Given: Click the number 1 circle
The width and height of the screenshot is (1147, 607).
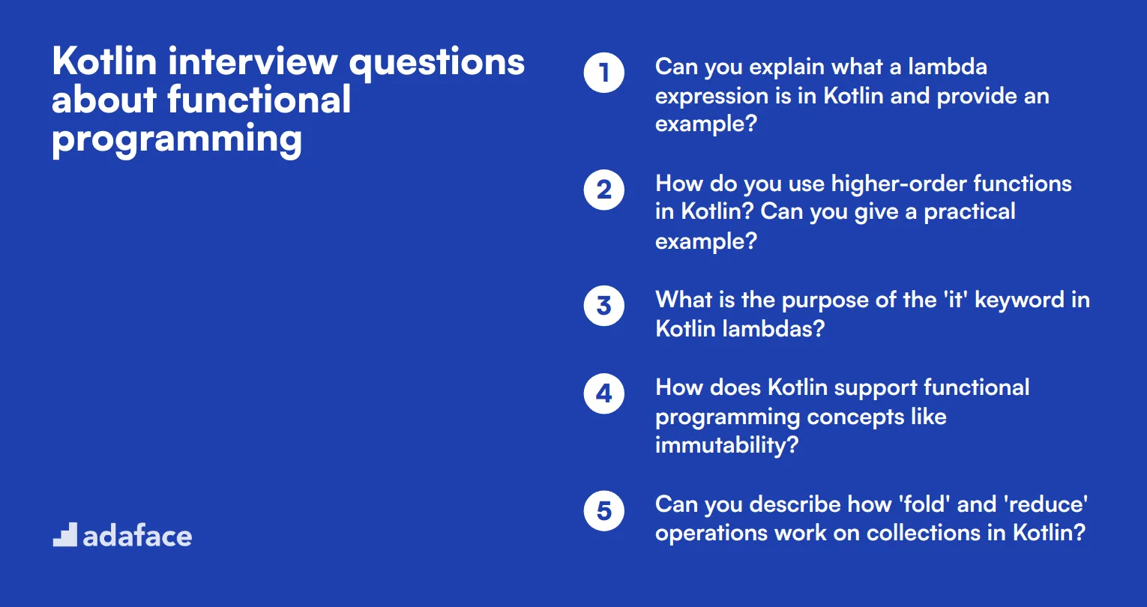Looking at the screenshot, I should [604, 73].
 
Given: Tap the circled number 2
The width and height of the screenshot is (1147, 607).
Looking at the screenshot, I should [604, 190].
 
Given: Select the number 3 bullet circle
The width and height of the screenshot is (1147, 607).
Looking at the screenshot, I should [604, 306].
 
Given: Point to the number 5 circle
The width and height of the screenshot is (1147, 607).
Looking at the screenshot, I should [604, 511].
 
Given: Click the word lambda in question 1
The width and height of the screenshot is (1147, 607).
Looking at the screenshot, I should [948, 67].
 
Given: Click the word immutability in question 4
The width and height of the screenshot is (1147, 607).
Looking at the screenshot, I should [726, 446].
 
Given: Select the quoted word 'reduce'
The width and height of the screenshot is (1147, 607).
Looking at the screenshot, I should [1045, 504].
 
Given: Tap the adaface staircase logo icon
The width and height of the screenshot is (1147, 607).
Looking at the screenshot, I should [64, 535].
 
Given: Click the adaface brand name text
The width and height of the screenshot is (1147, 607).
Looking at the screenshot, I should [137, 537].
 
